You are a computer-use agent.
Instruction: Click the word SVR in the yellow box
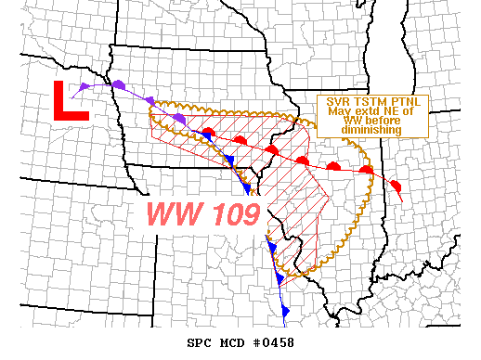337,103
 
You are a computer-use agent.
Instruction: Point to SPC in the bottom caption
200,342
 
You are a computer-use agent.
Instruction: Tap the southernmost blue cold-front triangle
286,309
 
